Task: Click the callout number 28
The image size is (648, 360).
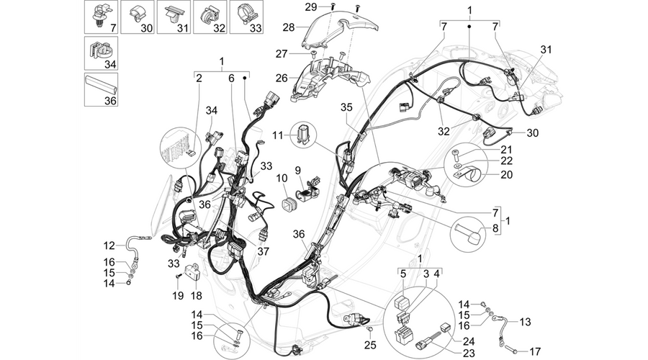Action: pyautogui.click(x=289, y=27)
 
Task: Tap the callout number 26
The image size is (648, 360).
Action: pyautogui.click(x=282, y=78)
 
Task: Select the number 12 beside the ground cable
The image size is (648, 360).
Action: pyautogui.click(x=109, y=246)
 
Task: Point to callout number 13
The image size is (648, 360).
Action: pyautogui.click(x=525, y=322)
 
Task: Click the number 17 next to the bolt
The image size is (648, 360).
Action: pyautogui.click(x=535, y=352)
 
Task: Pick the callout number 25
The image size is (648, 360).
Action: pyautogui.click(x=371, y=344)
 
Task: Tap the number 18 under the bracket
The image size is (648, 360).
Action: pyautogui.click(x=197, y=296)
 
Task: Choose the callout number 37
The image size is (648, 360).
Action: pyautogui.click(x=264, y=251)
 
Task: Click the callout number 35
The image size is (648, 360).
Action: pyautogui.click(x=347, y=107)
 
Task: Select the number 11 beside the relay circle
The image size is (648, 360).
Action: pyautogui.click(x=279, y=135)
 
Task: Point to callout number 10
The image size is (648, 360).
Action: pyautogui.click(x=282, y=179)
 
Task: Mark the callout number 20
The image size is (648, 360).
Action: pyautogui.click(x=506, y=174)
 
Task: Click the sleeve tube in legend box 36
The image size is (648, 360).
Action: pyautogui.click(x=102, y=89)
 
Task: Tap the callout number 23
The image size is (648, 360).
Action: pyautogui.click(x=469, y=354)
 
